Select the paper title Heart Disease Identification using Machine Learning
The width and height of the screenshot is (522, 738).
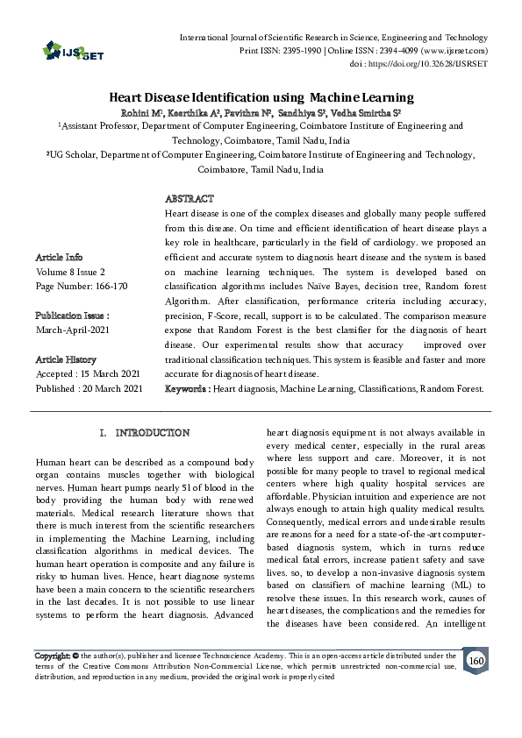(x=261, y=98)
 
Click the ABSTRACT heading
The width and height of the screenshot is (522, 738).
(x=189, y=200)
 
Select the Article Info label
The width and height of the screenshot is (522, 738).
(x=59, y=258)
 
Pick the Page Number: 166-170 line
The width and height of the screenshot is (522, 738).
(x=81, y=286)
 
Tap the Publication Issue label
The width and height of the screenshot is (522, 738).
(x=72, y=314)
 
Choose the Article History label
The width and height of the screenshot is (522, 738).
(x=67, y=359)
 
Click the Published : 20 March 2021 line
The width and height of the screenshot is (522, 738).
(x=88, y=387)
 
